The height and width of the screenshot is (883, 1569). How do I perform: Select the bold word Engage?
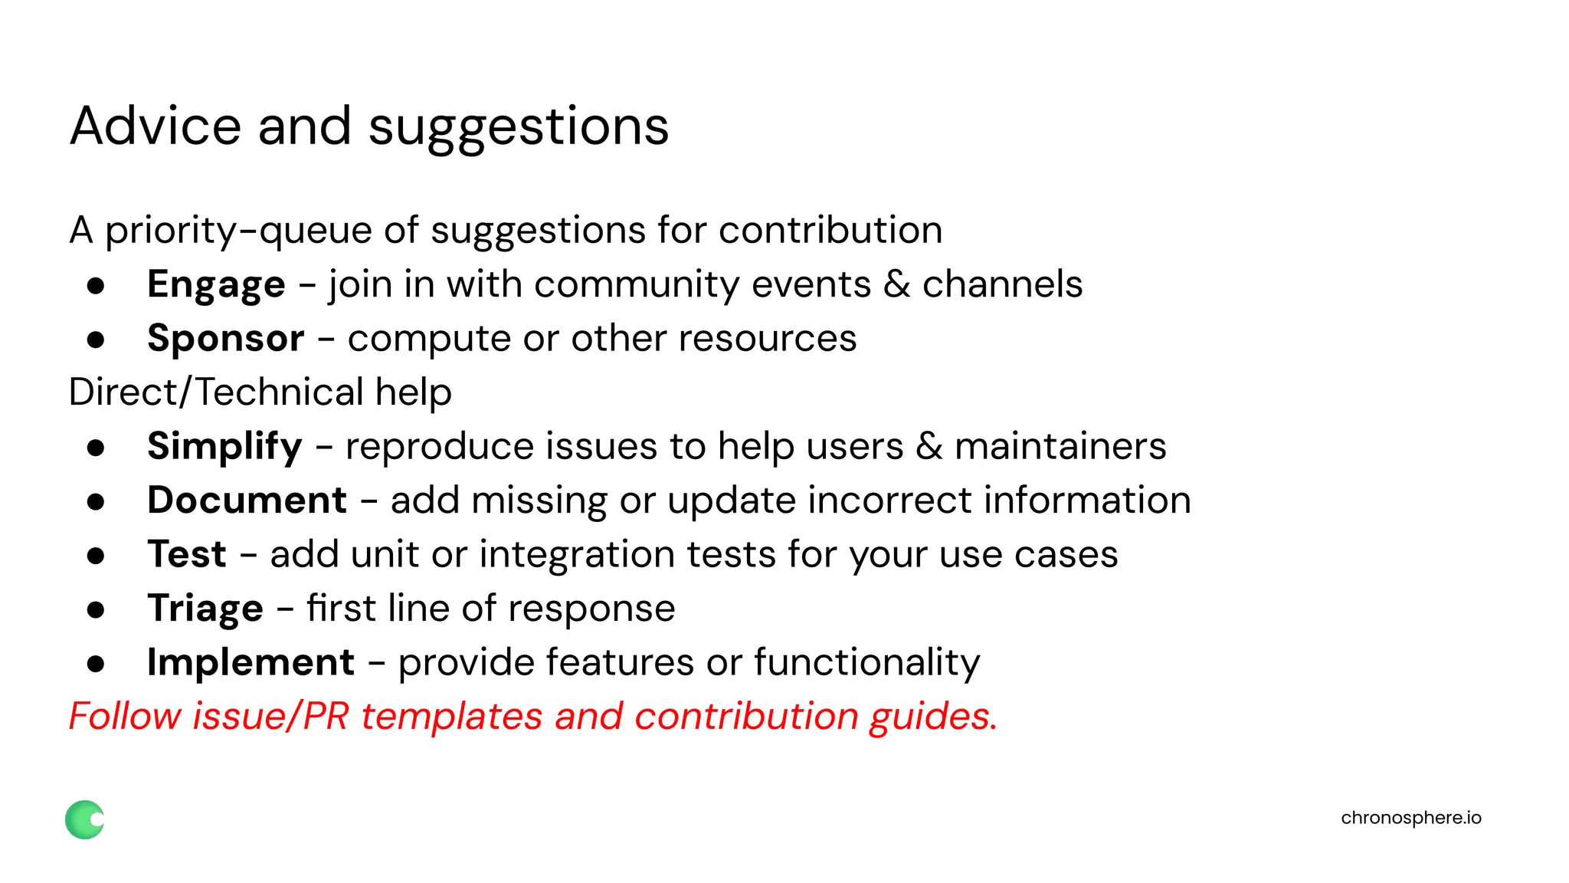pyautogui.click(x=216, y=285)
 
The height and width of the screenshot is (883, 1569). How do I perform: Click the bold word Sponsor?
pyautogui.click(x=226, y=339)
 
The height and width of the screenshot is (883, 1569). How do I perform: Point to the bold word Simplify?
pyautogui.click(x=224, y=447)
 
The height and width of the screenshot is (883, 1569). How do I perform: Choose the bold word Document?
pyautogui.click(x=247, y=501)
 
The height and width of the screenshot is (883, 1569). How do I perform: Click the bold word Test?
pyautogui.click(x=187, y=554)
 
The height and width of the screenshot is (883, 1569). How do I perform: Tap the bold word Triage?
pyautogui.click(x=205, y=609)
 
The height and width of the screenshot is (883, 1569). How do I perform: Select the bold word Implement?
pyautogui.click(x=251, y=662)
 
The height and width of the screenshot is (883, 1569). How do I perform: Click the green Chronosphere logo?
pyautogui.click(x=84, y=819)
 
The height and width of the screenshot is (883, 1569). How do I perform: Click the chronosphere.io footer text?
pyautogui.click(x=1410, y=818)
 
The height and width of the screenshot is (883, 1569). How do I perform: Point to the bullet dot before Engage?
pyautogui.click(x=96, y=286)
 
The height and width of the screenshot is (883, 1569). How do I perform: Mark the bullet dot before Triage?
pyautogui.click(x=96, y=610)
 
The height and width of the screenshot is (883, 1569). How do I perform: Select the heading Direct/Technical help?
pyautogui.click(x=260, y=392)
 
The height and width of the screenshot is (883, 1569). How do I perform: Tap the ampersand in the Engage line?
pyautogui.click(x=896, y=284)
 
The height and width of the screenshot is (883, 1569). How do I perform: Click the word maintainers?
pyautogui.click(x=1060, y=447)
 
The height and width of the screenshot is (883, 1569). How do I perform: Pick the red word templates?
pyautogui.click(x=451, y=717)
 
